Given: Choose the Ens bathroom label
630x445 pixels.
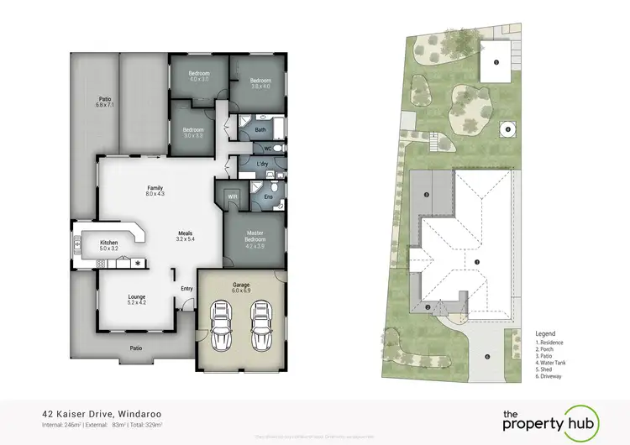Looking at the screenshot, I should [267, 197].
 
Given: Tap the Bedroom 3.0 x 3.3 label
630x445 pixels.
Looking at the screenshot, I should [194, 133].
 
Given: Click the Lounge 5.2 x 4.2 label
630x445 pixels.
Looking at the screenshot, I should [136, 299].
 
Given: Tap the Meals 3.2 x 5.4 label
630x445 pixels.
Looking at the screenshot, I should [186, 237].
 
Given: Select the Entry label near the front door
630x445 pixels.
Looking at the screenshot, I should [186, 290].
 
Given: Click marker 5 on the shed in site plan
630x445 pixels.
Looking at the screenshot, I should [496, 63].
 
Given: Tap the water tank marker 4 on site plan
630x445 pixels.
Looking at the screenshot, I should [507, 129].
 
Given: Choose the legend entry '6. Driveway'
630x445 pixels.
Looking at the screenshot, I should [553, 377].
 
